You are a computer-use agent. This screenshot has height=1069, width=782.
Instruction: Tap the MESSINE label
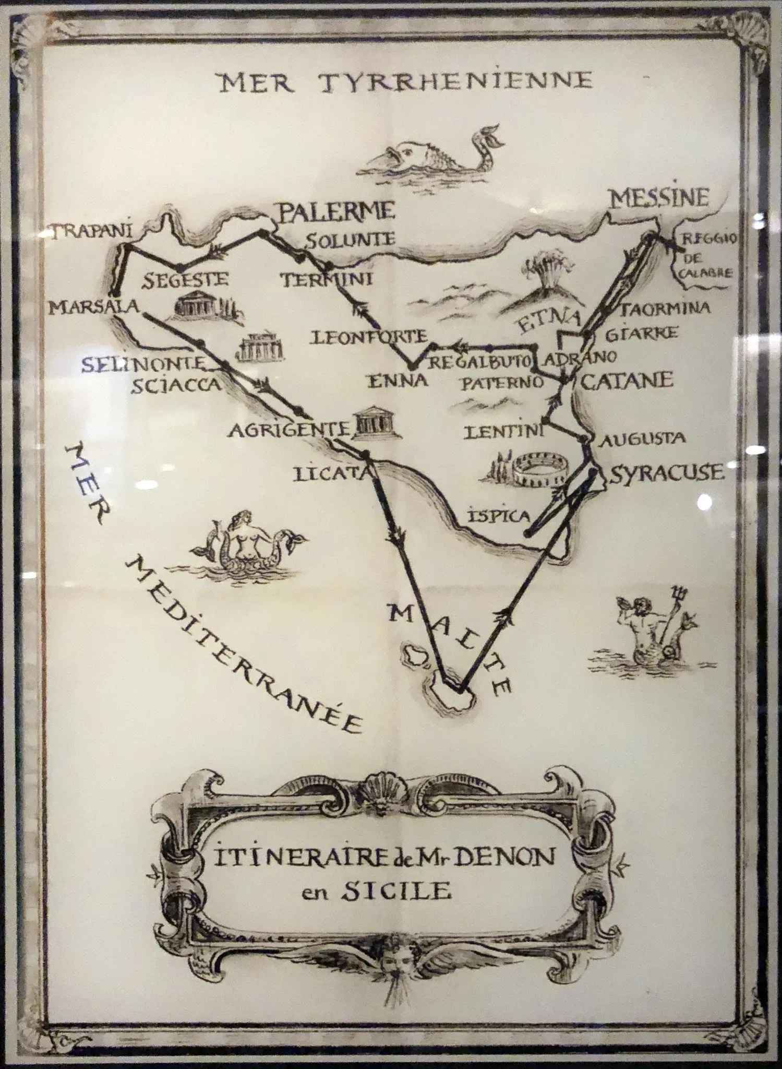point(660,198)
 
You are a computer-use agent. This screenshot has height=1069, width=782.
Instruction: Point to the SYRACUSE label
point(667,473)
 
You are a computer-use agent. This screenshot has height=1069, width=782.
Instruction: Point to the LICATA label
point(331,474)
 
